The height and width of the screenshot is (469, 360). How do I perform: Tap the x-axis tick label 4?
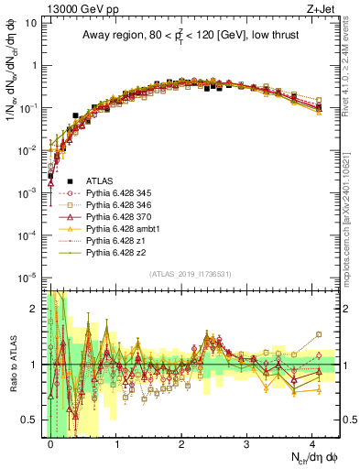[311, 442]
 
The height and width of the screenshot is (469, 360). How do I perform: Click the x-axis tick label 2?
[181, 442]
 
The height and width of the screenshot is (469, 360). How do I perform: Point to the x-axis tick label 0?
[50, 442]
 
